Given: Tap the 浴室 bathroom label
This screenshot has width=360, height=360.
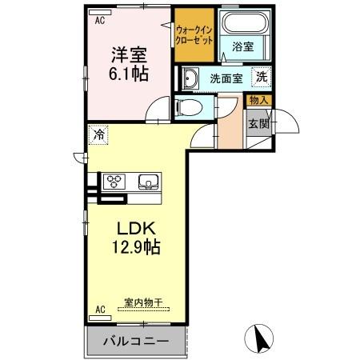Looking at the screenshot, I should pos(242,48).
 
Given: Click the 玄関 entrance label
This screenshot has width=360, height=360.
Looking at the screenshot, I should pos(258,124).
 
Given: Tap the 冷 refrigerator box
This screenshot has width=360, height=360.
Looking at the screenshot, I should pos(98,135).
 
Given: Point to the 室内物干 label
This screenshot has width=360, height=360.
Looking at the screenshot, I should pos(142,303).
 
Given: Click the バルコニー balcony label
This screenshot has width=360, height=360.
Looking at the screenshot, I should pos(135,341).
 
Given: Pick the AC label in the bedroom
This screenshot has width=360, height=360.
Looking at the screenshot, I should pos(101,22).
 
